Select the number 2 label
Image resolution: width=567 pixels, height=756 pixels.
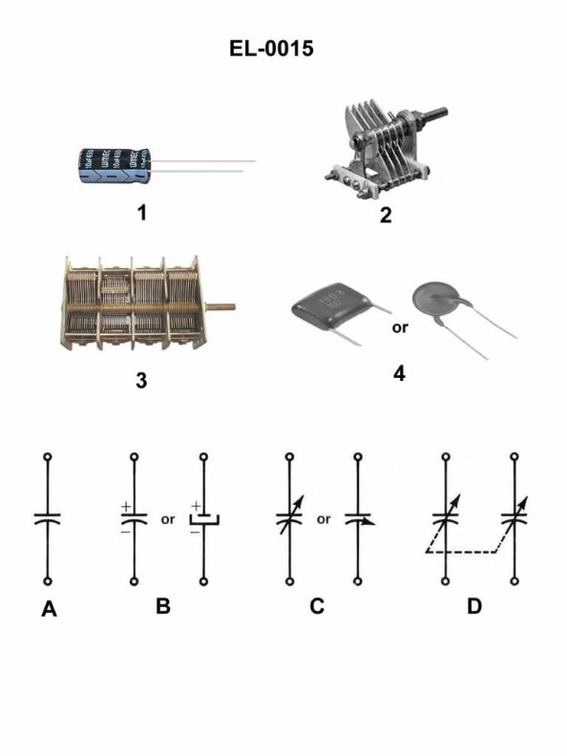(386, 215)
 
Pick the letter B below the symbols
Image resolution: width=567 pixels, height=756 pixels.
(163, 607)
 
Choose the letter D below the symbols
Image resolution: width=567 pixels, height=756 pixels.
(474, 607)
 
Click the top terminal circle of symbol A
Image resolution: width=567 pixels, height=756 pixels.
(49, 457)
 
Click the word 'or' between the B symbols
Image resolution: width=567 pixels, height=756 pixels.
(167, 520)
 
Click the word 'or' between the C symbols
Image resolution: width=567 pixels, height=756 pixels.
(324, 520)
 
